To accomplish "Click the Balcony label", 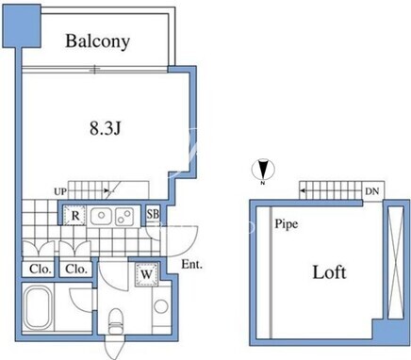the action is coord(97,41).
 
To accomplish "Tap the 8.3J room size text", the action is coord(106,128).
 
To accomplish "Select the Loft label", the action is coord(329,272).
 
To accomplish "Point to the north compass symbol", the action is coord(263,171).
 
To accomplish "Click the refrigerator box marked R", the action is coord(74,216).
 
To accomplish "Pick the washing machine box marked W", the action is coord(146,274).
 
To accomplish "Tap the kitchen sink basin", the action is coord(101,216).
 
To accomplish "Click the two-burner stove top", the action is coord(124,216).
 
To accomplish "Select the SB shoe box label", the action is coord(153,214).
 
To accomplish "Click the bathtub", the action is coord(38,307).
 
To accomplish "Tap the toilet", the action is coord(116,321).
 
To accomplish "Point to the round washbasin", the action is coord(161,306).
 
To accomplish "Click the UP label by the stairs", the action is coord(59,191).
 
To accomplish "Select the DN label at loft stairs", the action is coord(372,191).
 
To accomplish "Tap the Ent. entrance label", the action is coord(192,265).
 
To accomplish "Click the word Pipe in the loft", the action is coord(287,224).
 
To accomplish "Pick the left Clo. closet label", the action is coord(41,270).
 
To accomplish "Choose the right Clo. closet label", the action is coord(76,270).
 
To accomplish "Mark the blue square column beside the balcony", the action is coord(22,26).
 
